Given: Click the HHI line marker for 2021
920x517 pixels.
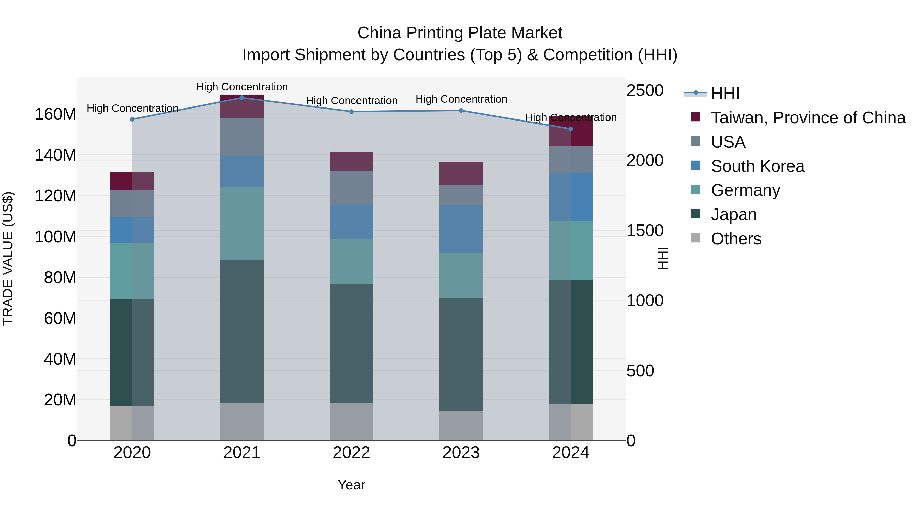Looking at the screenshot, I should pos(242,98).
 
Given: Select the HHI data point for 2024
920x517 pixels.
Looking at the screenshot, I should pos(570,129).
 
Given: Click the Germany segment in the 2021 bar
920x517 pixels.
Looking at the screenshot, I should pos(242,223).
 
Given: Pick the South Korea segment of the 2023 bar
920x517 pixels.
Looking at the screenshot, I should pos(461,229).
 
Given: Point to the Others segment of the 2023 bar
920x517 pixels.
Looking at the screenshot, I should pos(461,425).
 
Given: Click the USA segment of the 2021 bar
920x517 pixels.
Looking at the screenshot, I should pos(242,137).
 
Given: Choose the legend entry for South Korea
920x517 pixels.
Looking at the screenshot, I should pos(757,166).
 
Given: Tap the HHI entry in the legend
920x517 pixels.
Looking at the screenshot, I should pos(725,93).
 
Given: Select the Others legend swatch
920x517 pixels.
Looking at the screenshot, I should pos(696,238).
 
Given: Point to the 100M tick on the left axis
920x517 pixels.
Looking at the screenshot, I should pos(55,237).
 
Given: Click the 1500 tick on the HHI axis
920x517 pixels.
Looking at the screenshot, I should pos(645,231).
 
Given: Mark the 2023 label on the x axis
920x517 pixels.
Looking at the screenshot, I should pos(461,453).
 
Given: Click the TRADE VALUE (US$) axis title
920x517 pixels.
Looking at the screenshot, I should pos(8,258).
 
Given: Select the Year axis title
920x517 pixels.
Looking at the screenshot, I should pos(351,485).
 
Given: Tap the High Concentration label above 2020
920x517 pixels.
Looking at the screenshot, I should pos(132,108).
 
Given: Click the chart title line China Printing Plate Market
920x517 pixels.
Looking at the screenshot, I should pos(460,33).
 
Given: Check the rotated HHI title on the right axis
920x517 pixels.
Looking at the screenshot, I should pos(663,258).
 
